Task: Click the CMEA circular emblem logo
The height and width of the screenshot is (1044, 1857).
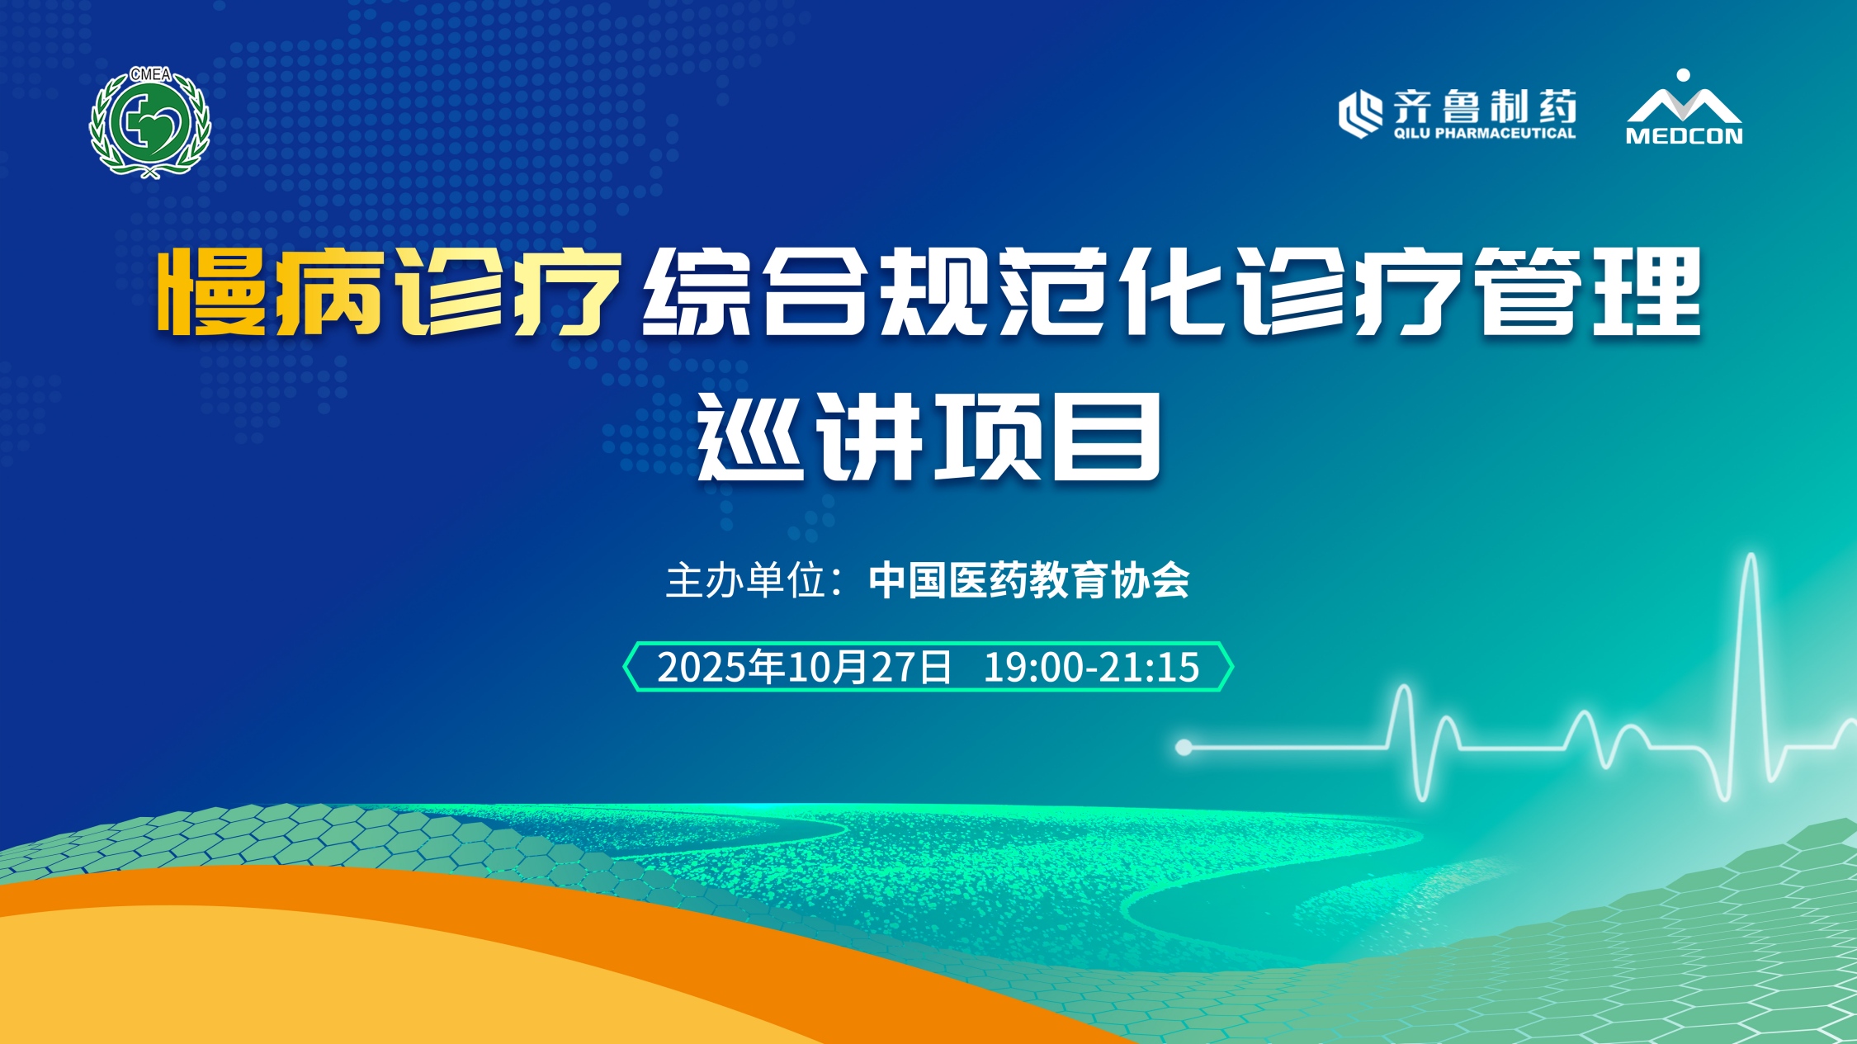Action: [x=150, y=122]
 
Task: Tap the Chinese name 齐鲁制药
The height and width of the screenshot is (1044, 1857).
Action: [x=1485, y=106]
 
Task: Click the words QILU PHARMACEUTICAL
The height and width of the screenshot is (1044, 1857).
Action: [x=1485, y=133]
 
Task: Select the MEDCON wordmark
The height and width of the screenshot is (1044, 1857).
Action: [x=1684, y=135]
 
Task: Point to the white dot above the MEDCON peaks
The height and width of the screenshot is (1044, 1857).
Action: [x=1684, y=75]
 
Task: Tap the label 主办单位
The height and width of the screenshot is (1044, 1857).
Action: [x=746, y=580]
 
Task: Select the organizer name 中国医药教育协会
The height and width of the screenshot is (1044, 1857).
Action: [x=1029, y=580]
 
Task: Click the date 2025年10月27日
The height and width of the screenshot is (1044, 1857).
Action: [x=805, y=667]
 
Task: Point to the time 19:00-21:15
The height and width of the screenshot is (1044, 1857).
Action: [x=1091, y=667]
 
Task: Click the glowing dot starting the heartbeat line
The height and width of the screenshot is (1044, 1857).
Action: [x=1184, y=747]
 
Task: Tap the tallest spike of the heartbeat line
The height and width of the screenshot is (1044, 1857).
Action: [x=1750, y=561]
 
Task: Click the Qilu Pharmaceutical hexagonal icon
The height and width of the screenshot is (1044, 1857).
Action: [x=1360, y=114]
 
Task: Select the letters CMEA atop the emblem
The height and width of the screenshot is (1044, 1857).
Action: [x=151, y=74]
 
